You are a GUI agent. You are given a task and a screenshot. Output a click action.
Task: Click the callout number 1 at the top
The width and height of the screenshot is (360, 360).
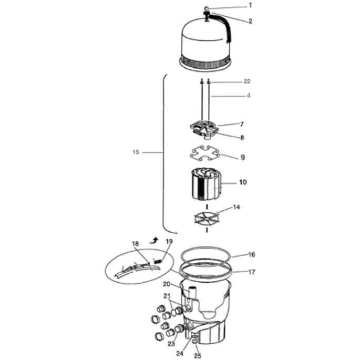250,5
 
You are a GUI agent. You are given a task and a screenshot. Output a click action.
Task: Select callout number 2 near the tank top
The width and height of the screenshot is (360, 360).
250,21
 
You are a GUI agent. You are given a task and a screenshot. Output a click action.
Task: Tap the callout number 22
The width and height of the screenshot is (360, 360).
247,81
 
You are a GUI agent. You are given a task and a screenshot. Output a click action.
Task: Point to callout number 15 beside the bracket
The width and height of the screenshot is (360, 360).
136,152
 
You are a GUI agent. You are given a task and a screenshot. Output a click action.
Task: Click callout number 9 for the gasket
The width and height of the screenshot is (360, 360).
243,158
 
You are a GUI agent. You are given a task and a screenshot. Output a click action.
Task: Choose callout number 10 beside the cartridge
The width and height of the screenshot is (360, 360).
243,182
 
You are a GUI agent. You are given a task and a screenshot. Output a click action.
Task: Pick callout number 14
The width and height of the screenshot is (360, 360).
236,207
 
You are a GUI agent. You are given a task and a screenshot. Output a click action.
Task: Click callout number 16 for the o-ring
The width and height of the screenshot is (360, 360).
252,254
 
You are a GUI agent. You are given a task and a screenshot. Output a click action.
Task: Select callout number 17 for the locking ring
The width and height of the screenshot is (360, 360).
252,272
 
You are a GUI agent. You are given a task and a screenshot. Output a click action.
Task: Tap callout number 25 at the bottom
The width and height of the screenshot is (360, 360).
198,356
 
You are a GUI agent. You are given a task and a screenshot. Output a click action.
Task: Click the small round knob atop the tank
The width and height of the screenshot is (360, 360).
206,9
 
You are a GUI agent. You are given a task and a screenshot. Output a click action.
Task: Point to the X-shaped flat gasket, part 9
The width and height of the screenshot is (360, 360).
205,153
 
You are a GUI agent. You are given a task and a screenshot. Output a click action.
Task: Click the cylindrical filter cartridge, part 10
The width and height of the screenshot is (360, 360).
205,184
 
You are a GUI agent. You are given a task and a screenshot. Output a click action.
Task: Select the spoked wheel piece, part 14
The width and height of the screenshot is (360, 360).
207,218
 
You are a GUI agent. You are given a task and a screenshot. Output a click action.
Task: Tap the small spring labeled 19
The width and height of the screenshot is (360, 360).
158,261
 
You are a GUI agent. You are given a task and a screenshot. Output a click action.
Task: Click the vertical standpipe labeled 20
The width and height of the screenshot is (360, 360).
192,294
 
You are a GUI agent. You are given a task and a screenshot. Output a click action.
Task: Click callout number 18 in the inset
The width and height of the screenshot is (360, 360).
136,244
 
